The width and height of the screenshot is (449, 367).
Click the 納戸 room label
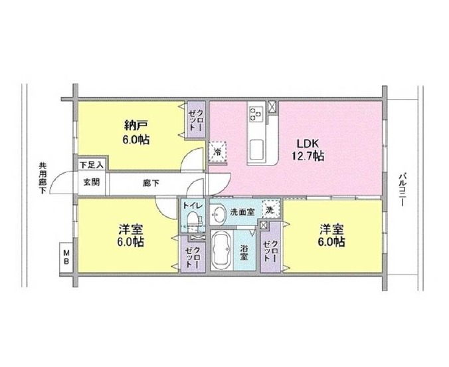135,125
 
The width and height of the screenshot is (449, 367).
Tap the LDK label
308,143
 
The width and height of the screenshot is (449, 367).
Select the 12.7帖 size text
308,156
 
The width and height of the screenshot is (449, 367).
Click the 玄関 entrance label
92,182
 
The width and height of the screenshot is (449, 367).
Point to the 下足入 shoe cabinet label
91,165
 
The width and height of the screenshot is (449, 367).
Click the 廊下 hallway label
151,183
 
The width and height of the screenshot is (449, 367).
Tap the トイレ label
193,205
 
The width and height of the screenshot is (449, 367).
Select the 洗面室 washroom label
242,212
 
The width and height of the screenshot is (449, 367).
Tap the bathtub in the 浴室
221,250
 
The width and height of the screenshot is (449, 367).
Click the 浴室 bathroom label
244,253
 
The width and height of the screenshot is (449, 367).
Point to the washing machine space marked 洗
270,210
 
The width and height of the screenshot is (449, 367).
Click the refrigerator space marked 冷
217,152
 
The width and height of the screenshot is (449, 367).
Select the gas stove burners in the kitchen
256,113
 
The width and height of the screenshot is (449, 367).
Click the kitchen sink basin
257,149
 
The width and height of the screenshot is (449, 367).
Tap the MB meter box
66,257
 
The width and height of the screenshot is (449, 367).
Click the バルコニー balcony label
403,189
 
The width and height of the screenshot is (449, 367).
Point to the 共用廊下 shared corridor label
43,178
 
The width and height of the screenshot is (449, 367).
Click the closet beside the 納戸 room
196,120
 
